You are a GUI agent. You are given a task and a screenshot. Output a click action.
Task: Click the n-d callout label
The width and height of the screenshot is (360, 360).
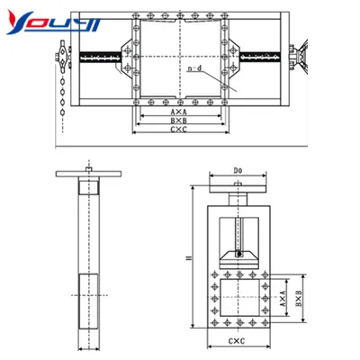[x=194, y=68]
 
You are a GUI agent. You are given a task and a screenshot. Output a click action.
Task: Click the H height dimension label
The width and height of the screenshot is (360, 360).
[x=188, y=259]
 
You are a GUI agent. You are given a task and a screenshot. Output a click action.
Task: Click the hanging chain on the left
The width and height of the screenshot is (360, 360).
[x=61, y=95]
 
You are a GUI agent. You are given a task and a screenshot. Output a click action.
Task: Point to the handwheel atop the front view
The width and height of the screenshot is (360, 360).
[x=238, y=190]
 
